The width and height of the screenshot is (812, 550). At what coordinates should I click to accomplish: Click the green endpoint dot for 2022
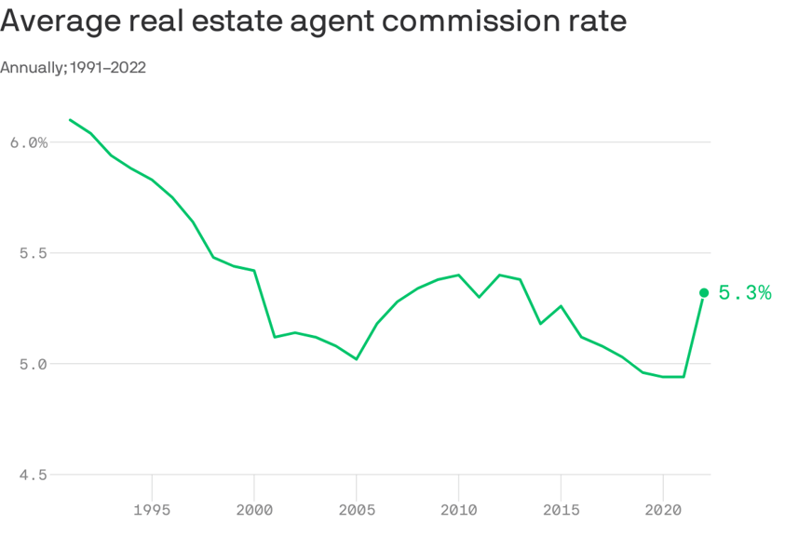coord(704,292)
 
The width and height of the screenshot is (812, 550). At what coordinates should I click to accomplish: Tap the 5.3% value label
coord(745,293)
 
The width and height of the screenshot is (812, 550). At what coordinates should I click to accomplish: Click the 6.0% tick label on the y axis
coord(29,142)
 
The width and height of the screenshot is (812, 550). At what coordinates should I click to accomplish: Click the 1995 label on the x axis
coord(152,510)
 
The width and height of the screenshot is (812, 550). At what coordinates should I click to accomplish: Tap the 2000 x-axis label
coord(254,510)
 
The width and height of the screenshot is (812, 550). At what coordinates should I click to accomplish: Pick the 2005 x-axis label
coord(357,510)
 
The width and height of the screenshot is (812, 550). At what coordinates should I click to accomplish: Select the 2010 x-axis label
coord(458,510)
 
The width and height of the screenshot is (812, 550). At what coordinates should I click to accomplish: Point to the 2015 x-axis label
coord(561,510)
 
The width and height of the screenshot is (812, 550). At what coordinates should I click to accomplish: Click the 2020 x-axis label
coord(663,510)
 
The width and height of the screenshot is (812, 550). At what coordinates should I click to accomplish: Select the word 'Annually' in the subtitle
coord(32,67)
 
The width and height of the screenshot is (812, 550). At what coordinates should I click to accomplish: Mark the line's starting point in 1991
coord(70,120)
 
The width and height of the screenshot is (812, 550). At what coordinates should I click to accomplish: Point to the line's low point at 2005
coord(357,359)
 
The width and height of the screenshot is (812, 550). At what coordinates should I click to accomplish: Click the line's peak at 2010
coord(458,275)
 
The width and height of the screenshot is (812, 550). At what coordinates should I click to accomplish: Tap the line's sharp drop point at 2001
coord(275,337)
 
